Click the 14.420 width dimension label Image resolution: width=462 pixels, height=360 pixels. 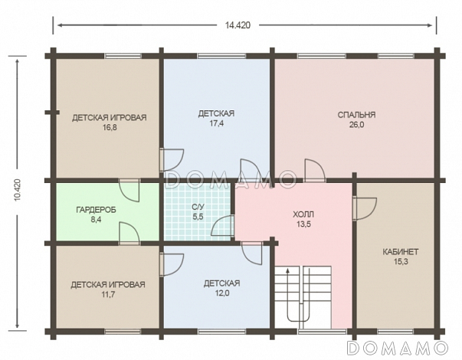[x=238, y=25]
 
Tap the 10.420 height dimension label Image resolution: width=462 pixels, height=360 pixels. [x=18, y=190]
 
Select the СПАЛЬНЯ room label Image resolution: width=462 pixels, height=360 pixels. [x=356, y=115]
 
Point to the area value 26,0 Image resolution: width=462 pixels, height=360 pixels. [x=356, y=125]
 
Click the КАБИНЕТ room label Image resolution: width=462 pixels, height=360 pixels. [x=401, y=252]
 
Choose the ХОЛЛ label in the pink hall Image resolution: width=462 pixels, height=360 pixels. [x=303, y=214]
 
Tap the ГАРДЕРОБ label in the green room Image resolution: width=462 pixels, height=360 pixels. [x=96, y=210]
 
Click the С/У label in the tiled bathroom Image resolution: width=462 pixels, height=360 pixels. [x=198, y=207]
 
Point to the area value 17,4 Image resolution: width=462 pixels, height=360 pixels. [x=217, y=123]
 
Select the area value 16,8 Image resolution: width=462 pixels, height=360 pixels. [x=110, y=128]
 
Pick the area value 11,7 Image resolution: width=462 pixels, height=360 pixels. [x=108, y=294]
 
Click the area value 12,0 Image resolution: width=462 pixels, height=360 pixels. [x=222, y=293]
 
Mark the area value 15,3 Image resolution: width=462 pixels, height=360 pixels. [x=401, y=262]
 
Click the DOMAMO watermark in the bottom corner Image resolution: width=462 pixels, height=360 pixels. [x=398, y=348]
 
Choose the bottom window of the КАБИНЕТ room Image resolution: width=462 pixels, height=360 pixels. [x=395, y=332]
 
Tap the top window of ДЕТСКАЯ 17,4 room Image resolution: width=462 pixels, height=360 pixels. [x=221, y=56]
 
